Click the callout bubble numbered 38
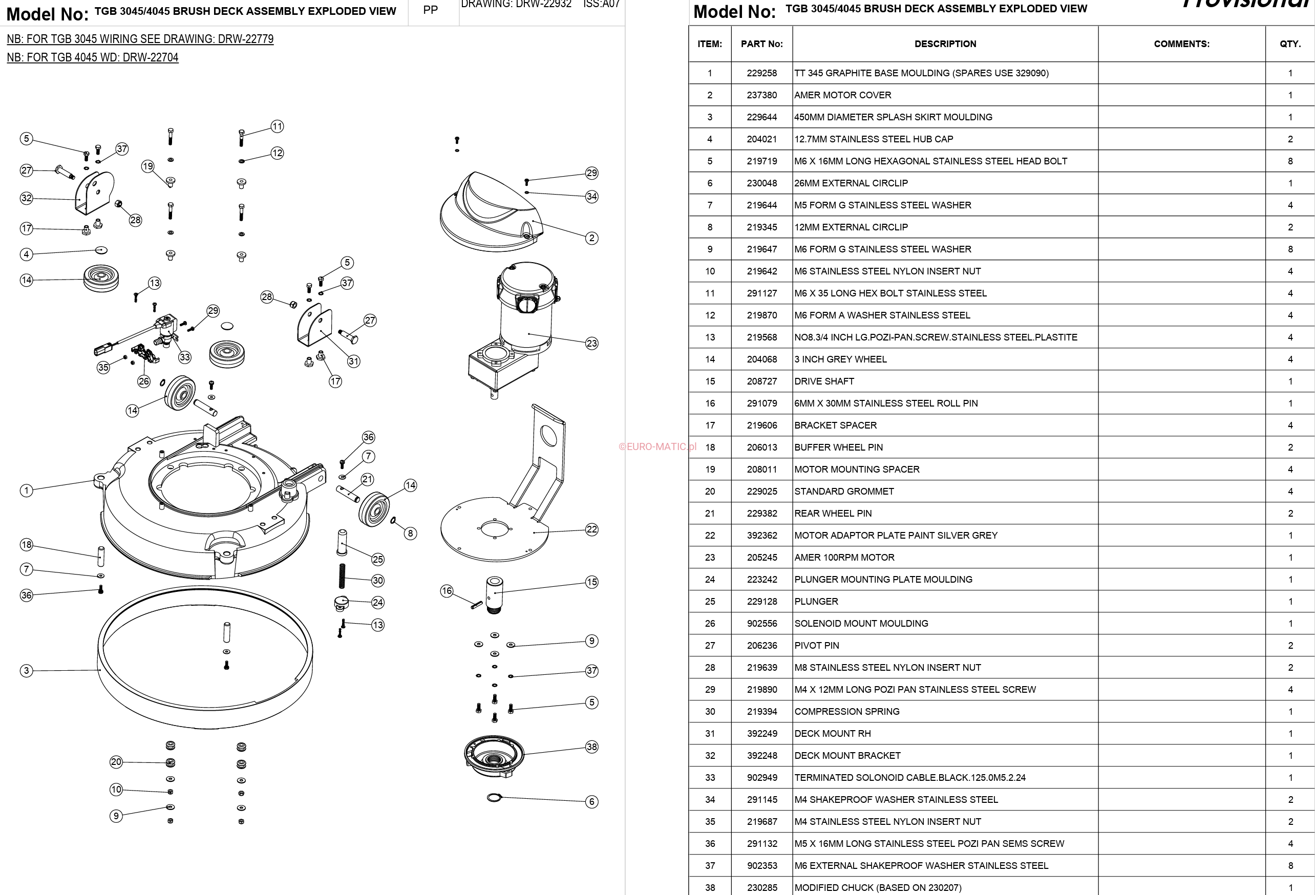(x=591, y=747)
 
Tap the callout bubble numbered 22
(x=591, y=529)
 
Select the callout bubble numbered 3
(x=26, y=671)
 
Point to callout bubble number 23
(x=591, y=344)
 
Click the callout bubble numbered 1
(x=26, y=491)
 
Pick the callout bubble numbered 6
(x=591, y=802)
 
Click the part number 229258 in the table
(x=761, y=73)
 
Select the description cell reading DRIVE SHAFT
(x=824, y=381)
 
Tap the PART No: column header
(x=761, y=44)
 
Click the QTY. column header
(x=1290, y=44)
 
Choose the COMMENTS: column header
(x=1181, y=44)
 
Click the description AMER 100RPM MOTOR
(x=844, y=557)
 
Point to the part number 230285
(x=761, y=888)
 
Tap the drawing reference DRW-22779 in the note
(x=246, y=39)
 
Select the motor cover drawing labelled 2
(x=490, y=212)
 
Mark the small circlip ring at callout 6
(x=494, y=798)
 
